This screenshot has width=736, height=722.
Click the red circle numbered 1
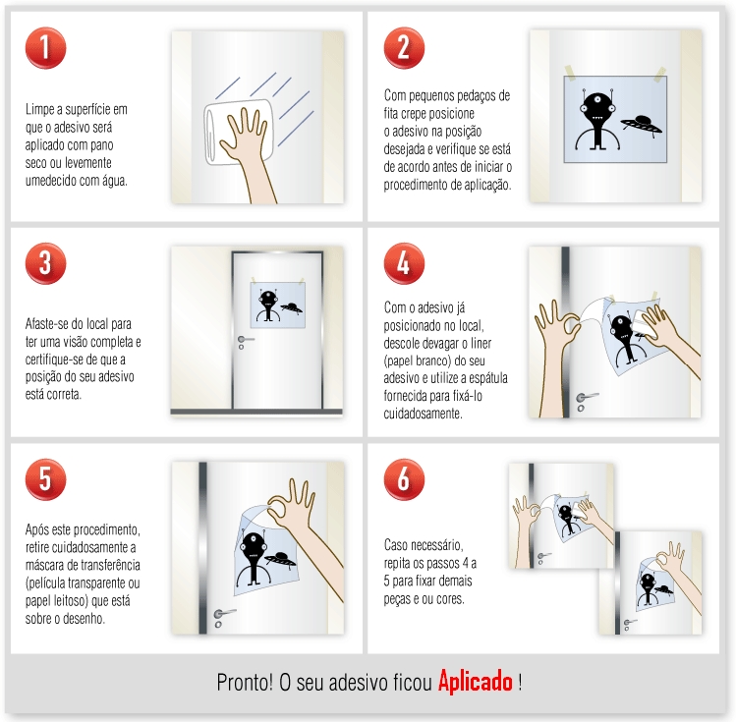[x=45, y=49]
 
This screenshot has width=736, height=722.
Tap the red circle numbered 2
[x=404, y=49]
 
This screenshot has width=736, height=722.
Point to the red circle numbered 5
[x=45, y=479]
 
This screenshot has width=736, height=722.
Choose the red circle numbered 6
[x=404, y=479]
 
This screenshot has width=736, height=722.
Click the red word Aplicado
[x=476, y=682]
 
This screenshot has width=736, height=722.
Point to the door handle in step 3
[x=242, y=343]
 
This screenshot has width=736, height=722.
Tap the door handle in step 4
[x=586, y=399]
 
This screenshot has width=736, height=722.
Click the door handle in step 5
[x=222, y=616]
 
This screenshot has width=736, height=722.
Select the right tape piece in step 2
[x=659, y=72]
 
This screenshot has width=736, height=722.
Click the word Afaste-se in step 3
[x=47, y=323]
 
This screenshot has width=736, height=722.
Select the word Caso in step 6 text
[x=396, y=544]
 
